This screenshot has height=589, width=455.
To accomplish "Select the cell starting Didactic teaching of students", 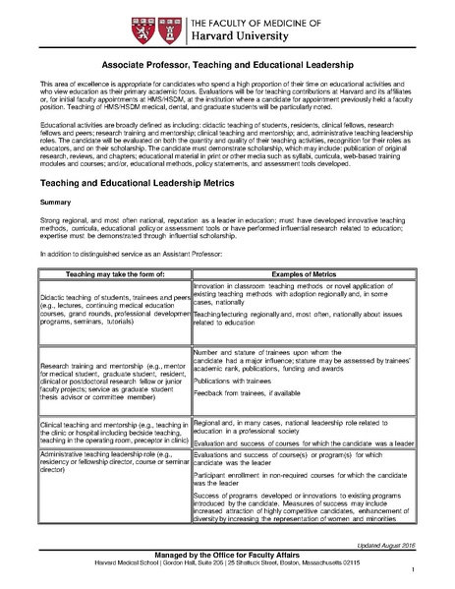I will (x=114, y=309).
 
